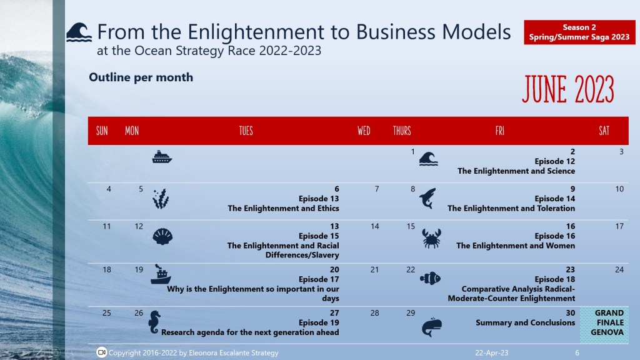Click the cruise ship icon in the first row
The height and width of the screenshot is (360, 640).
point(162,157)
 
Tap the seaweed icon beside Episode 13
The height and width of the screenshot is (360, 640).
point(161,199)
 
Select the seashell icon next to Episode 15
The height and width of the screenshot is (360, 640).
point(161,236)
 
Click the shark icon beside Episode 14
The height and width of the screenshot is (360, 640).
point(427,198)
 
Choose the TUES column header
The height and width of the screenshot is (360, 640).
point(246,131)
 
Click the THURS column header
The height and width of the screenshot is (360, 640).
point(402,131)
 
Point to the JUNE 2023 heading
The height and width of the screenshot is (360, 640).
point(567,89)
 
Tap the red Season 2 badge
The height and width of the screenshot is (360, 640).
point(579,32)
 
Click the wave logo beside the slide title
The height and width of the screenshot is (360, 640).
point(79,32)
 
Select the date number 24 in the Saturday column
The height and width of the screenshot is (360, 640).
point(619,270)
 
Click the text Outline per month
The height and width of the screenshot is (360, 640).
point(141,77)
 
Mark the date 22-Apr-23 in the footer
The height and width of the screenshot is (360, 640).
point(491,353)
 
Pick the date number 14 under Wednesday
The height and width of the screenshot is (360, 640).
point(375,226)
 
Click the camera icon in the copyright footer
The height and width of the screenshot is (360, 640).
point(102,353)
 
